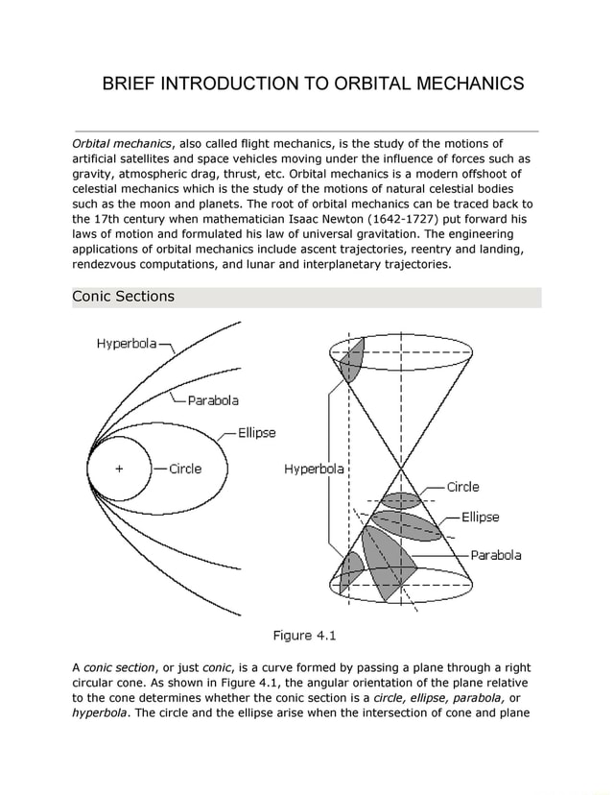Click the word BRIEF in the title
pyautogui.click(x=132, y=84)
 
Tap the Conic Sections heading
pyautogui.click(x=124, y=296)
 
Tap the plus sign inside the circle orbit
pyautogui.click(x=120, y=470)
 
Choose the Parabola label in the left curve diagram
pyautogui.click(x=213, y=400)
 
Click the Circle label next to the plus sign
pyautogui.click(x=185, y=470)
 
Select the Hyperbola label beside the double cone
pyautogui.click(x=313, y=470)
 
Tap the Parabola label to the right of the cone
pyautogui.click(x=496, y=555)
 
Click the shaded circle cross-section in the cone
pyautogui.click(x=401, y=500)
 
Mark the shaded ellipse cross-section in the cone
pyautogui.click(x=407, y=524)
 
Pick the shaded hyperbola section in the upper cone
pyautogui.click(x=351, y=359)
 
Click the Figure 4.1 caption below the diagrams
pyautogui.click(x=305, y=635)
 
